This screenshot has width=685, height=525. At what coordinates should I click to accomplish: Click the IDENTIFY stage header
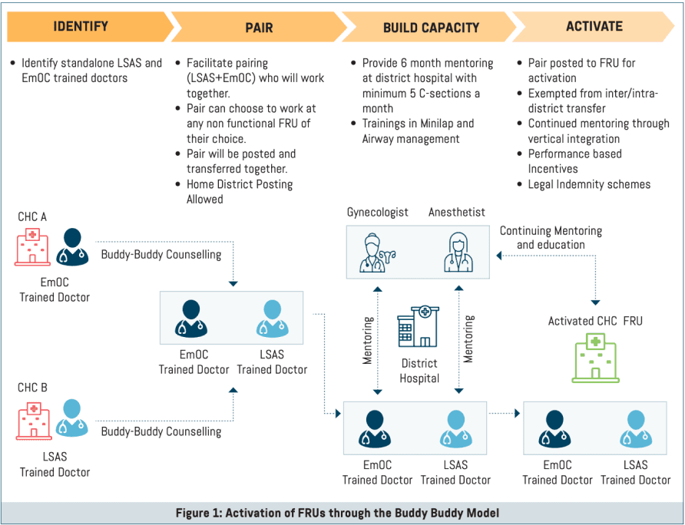[80, 27]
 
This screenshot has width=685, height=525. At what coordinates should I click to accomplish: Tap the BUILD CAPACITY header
[431, 28]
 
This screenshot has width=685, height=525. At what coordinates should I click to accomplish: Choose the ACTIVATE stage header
[594, 27]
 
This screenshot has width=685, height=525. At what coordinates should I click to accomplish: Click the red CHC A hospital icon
[32, 249]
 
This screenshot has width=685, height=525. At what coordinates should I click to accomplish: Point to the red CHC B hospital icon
[33, 419]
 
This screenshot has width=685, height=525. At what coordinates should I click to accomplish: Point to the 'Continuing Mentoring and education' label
[551, 237]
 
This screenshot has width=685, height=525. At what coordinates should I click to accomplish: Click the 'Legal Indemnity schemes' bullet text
[589, 184]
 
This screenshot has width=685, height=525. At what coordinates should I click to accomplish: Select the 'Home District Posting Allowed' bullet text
[239, 192]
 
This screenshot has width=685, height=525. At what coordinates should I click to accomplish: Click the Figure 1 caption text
[342, 512]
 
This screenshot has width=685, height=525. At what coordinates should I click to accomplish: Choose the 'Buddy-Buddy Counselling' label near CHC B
[161, 431]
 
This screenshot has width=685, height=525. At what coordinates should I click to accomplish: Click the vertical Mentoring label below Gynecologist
[368, 338]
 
